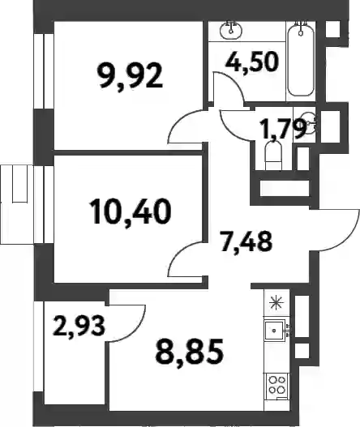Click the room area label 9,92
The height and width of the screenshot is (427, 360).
click(131, 77)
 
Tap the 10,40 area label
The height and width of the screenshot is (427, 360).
click(131, 211)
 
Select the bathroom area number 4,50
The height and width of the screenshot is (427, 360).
click(252, 61)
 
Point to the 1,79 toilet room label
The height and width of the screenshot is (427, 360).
click(284, 129)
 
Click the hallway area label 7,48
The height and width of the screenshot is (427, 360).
click(246, 241)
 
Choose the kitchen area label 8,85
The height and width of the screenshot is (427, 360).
click(190, 352)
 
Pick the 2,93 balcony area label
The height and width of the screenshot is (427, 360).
click(79, 326)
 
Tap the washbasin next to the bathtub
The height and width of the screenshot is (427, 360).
click(231, 29)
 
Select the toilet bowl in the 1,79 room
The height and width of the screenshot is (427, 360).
click(273, 156)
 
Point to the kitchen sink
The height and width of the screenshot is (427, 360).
click(275, 330)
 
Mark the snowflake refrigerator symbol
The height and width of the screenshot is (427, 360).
click(276, 303)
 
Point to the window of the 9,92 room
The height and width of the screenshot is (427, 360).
click(44, 71)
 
